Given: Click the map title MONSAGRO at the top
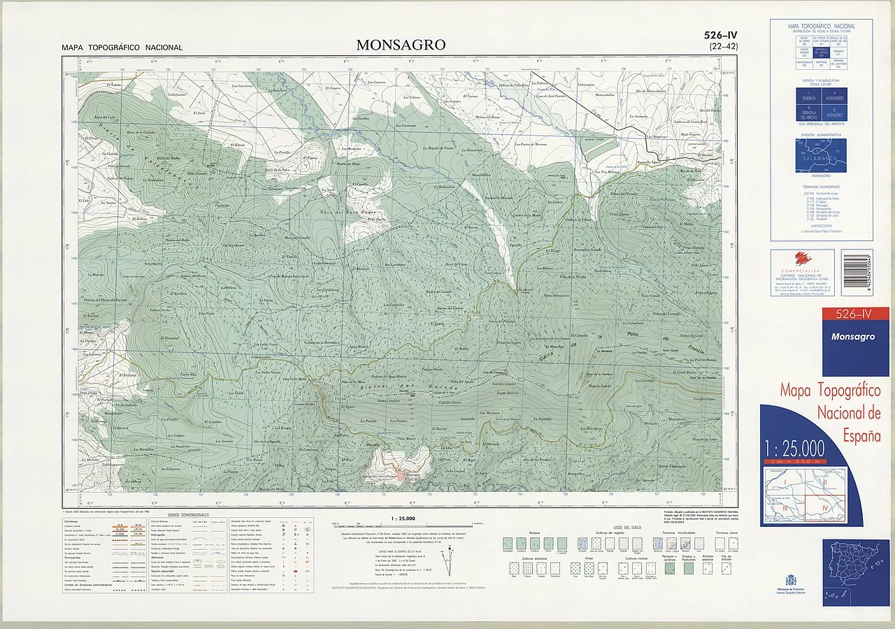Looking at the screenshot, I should [x=401, y=45].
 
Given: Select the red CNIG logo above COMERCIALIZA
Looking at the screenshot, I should [x=796, y=260].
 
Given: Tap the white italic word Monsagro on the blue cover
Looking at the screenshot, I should [x=852, y=337].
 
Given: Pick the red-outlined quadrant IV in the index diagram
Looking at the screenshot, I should [x=824, y=508].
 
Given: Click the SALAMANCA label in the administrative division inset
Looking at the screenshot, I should [x=820, y=159].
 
